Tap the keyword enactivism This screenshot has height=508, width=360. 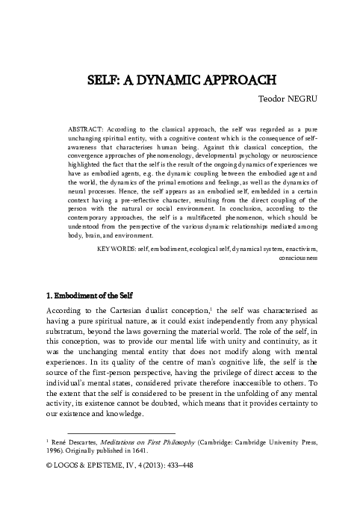coord(299,226)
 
